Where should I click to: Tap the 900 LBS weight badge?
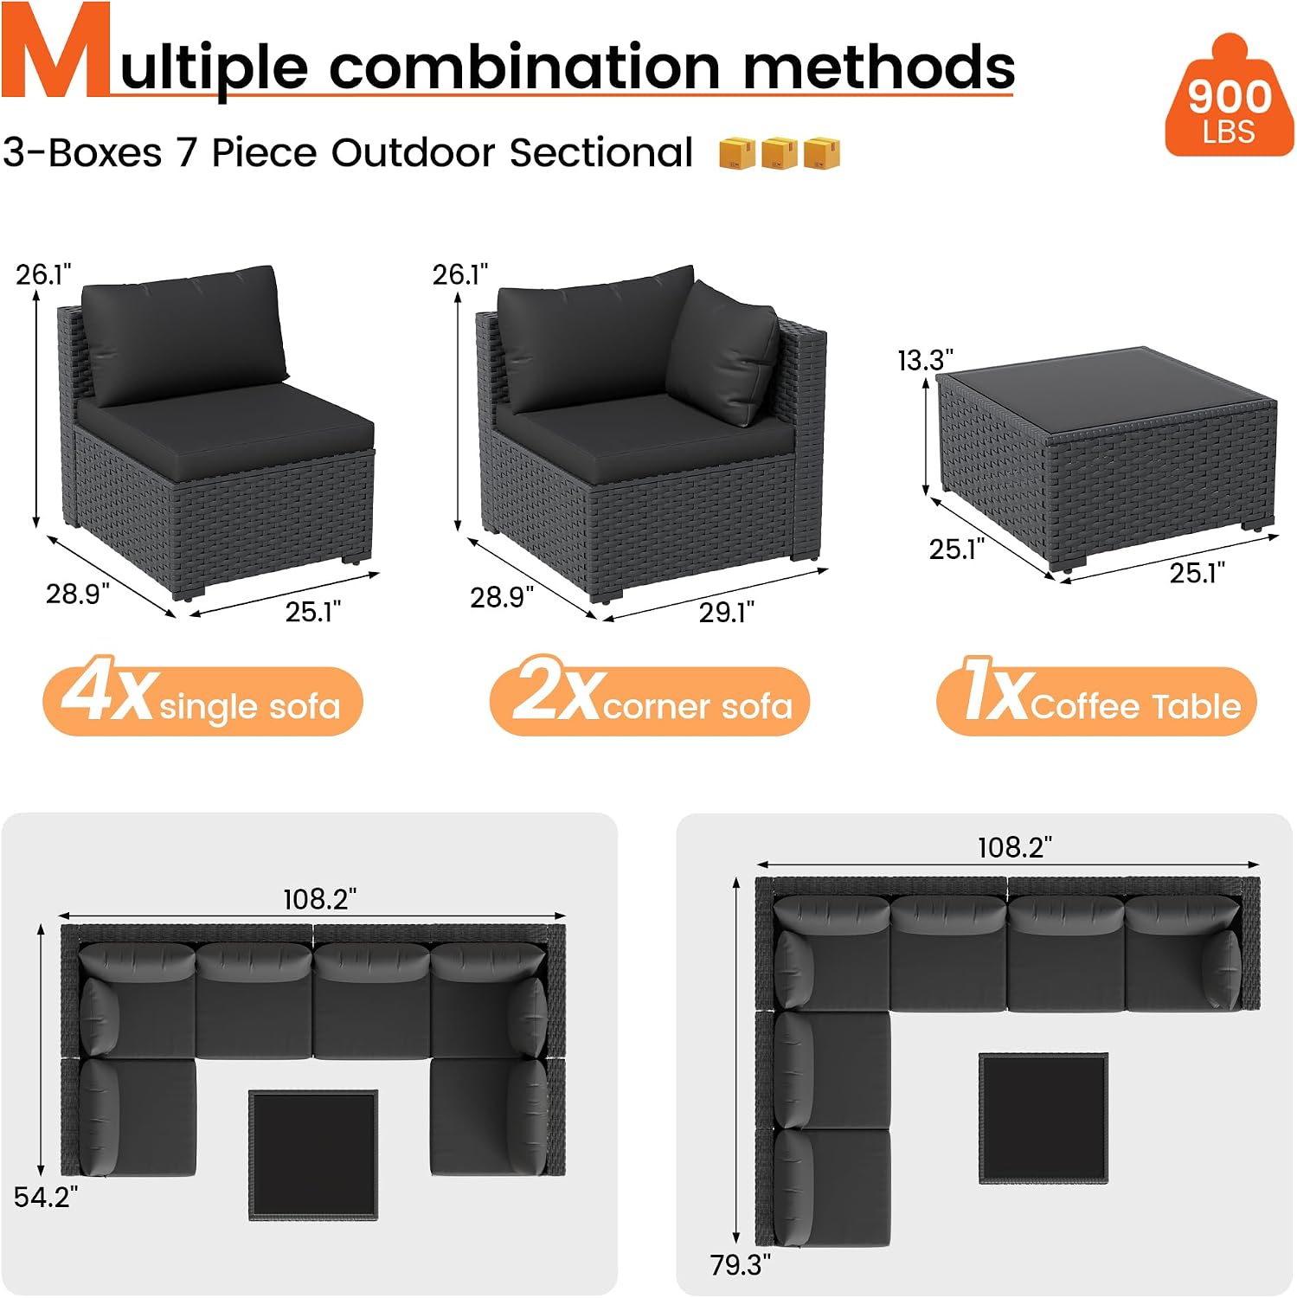coord(1229,97)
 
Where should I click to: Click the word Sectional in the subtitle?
coord(601,152)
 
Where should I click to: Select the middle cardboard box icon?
coord(779,152)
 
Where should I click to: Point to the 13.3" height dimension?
coord(925,360)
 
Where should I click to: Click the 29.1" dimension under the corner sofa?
coord(727,612)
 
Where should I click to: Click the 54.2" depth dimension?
coord(46,1197)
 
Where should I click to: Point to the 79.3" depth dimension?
coord(740,1264)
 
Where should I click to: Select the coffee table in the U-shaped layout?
coord(313,1155)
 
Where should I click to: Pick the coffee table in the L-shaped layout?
coord(1043,1118)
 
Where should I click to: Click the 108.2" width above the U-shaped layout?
coord(319,899)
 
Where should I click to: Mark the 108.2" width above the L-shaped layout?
coord(1014,847)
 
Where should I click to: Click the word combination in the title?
coord(524,67)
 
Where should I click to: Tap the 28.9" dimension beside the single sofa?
coord(78,594)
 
